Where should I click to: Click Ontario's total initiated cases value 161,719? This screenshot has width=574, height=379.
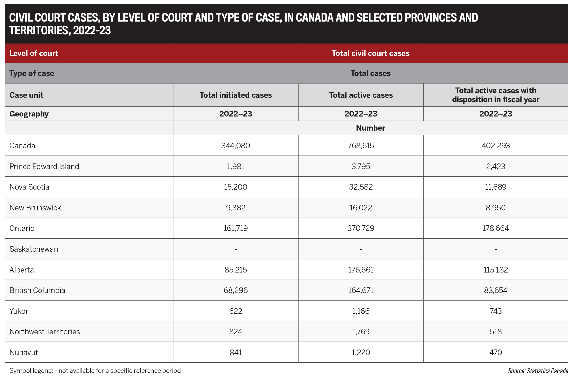tap(235, 228)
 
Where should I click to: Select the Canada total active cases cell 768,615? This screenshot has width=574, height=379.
tap(361, 145)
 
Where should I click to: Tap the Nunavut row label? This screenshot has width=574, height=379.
tap(24, 352)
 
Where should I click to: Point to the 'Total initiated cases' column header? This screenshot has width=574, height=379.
tap(235, 95)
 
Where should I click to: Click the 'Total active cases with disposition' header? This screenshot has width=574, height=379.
tap(496, 95)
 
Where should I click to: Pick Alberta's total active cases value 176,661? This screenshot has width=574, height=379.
tap(361, 270)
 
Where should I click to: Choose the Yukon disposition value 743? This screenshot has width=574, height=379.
tap(496, 311)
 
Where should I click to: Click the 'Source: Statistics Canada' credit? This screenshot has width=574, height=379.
tap(538, 371)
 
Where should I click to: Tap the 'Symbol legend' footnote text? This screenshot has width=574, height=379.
tap(95, 371)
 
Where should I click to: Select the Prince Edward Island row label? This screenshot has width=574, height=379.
tap(44, 166)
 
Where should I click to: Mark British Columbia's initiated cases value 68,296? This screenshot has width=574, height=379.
tap(235, 290)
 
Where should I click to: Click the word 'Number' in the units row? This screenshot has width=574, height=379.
tap(370, 128)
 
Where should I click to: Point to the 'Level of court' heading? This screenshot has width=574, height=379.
tap(34, 53)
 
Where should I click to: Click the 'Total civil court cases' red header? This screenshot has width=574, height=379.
tap(370, 53)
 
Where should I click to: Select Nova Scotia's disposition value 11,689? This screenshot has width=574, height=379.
tap(496, 187)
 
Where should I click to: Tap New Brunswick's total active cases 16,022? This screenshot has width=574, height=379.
tap(361, 208)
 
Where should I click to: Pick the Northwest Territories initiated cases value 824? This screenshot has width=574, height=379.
tap(235, 332)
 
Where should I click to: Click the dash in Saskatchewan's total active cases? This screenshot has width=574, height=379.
tap(361, 249)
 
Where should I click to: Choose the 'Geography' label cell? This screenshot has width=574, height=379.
tap(29, 114)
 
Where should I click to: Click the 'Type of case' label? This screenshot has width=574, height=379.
tap(32, 73)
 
